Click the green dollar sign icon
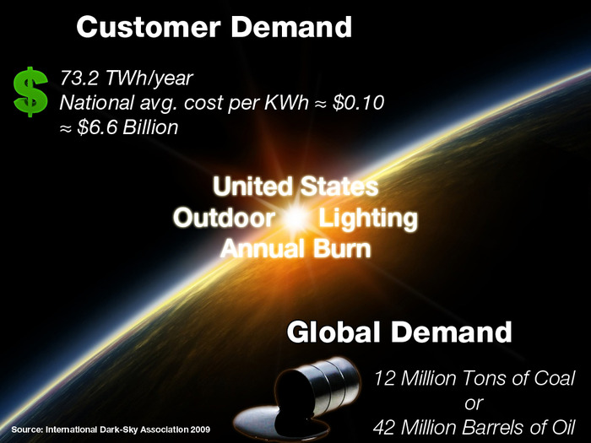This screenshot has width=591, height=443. click(x=30, y=91)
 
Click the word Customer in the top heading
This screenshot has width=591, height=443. click(x=148, y=27)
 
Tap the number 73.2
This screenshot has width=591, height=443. click(x=79, y=78)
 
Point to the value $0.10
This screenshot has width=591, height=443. click(x=358, y=102)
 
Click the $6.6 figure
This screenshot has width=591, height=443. click(x=97, y=127)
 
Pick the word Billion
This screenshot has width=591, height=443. click(x=150, y=127)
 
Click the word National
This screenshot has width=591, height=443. click(x=97, y=103)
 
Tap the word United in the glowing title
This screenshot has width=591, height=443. click(x=252, y=186)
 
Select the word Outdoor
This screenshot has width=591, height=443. click(x=225, y=218)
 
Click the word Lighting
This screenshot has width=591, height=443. click(x=368, y=219)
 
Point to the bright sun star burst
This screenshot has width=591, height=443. click(x=295, y=219)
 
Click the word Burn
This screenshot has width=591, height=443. click(x=342, y=249)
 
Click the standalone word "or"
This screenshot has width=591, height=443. click(x=474, y=404)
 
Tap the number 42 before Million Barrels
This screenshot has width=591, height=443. click(x=384, y=428)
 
